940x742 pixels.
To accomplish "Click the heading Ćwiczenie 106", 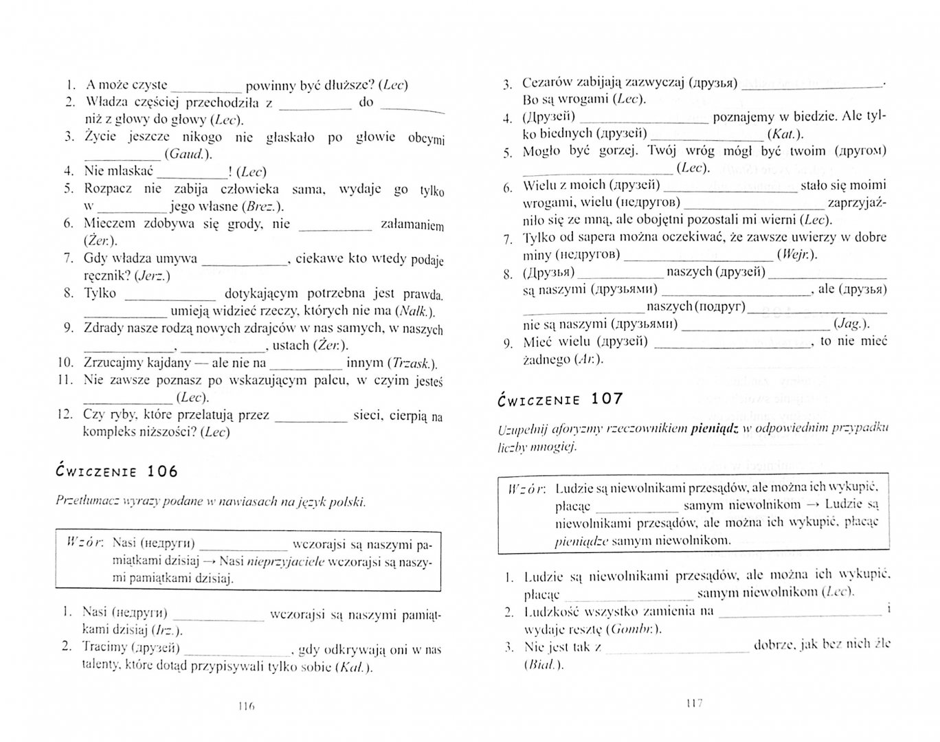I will (x=116, y=471).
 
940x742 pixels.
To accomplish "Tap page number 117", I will (x=693, y=703).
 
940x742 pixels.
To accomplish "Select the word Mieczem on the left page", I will (x=111, y=223).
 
